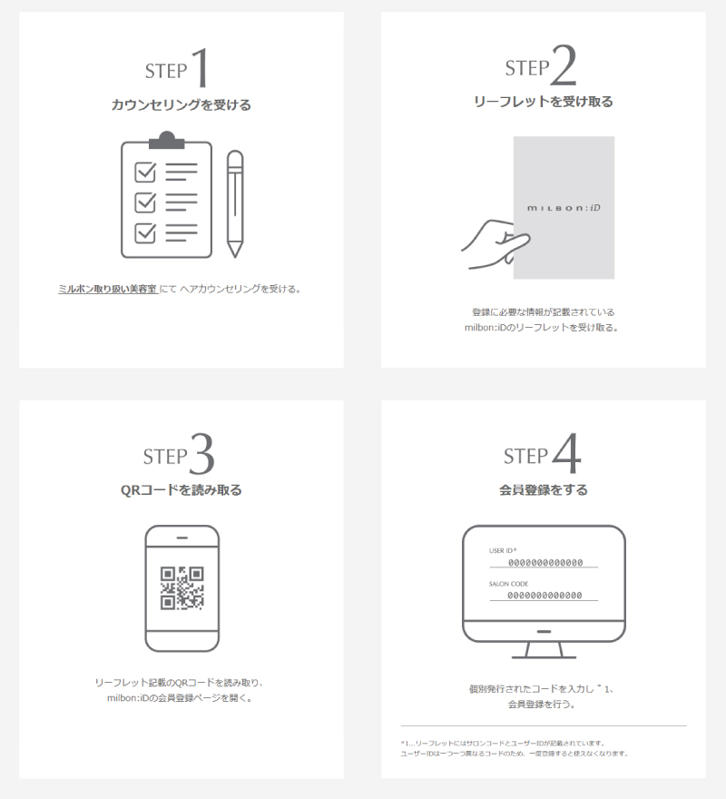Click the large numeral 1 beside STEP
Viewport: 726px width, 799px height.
pos(201,67)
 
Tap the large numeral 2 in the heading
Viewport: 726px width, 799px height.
pos(563,64)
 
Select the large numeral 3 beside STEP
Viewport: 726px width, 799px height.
pos(201,453)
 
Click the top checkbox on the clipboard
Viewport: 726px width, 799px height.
pos(145,172)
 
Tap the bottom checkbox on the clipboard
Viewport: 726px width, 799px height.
pos(145,232)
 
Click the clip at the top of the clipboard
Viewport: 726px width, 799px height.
pos(167,140)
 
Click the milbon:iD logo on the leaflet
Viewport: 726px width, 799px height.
pos(564,207)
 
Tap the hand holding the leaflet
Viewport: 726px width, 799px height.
pos(495,244)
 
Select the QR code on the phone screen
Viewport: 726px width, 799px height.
pos(181,588)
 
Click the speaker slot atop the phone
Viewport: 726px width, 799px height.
pos(181,538)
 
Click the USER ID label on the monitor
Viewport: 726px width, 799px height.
pos(503,550)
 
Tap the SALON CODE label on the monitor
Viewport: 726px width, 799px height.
pos(508,584)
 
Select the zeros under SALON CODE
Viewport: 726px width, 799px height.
pos(544,596)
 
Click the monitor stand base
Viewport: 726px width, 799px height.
pos(544,656)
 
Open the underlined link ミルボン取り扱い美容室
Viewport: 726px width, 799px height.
pos(107,289)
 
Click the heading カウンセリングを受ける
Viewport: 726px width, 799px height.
pos(181,105)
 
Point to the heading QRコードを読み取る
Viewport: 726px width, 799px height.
pos(181,490)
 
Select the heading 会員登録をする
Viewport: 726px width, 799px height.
pos(543,490)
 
